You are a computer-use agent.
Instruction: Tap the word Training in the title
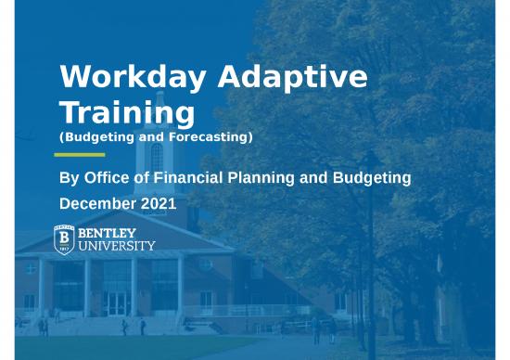pyautogui.click(x=126, y=113)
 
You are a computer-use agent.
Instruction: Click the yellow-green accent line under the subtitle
pyautogui.click(x=81, y=154)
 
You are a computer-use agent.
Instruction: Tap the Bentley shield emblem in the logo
pyautogui.click(x=64, y=239)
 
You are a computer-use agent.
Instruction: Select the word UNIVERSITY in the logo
pyautogui.click(x=117, y=247)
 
